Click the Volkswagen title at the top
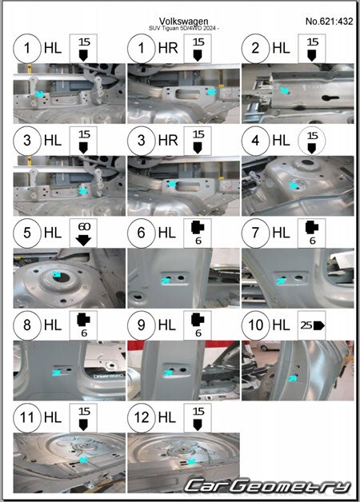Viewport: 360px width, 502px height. point(183,21)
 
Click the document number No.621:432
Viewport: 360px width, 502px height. point(329,22)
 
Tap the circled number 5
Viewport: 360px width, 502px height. point(27,233)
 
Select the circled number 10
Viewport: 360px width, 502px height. point(255,325)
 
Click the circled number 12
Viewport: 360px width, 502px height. point(142,417)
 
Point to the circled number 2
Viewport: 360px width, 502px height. point(255,48)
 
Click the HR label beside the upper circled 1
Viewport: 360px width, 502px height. point(168,48)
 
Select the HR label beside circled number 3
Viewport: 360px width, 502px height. point(168,140)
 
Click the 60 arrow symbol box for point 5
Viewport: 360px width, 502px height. point(83,233)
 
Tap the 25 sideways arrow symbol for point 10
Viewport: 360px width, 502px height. point(312,325)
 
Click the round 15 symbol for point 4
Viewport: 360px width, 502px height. point(312,141)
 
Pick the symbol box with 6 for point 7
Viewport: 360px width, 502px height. point(312,233)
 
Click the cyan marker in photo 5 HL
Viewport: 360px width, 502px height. point(57,274)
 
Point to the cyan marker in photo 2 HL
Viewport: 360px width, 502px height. point(284,90)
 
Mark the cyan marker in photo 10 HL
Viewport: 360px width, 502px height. point(292,379)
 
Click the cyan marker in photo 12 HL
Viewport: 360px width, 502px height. point(191,461)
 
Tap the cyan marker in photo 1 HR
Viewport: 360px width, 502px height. point(211,92)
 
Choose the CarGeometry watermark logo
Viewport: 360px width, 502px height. point(267,486)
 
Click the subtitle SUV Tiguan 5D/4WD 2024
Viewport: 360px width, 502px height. point(184,28)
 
